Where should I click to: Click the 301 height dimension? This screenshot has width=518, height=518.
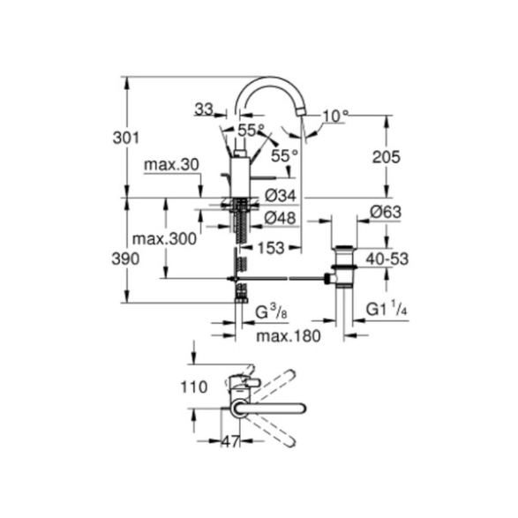126,138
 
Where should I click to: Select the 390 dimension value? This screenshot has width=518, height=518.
125,259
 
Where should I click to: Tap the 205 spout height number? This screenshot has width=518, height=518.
386,157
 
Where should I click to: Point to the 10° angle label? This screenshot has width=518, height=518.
335,116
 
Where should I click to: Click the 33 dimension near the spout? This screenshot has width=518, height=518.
204,109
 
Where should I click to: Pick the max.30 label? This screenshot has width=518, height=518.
172,164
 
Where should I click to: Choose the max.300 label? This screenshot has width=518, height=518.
164,238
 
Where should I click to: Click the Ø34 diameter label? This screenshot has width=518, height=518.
281,196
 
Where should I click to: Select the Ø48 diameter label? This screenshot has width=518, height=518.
280,218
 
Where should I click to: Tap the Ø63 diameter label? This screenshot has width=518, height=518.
386,212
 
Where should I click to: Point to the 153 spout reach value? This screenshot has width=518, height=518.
271,248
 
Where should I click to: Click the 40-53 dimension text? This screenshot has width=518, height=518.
387,259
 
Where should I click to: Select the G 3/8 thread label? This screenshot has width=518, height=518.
271,312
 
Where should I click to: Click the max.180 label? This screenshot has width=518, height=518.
289,336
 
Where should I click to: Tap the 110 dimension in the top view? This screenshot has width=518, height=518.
194,387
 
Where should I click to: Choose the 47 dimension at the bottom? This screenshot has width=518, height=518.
230,441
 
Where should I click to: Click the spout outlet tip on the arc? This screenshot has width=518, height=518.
301,113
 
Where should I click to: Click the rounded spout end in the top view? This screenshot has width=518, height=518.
302,409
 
